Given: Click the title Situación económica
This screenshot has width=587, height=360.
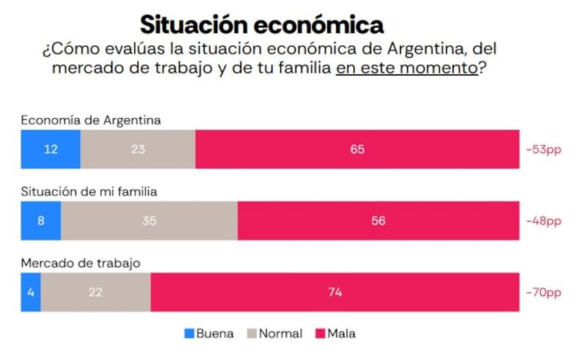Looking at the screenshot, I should pyautogui.click(x=262, y=24).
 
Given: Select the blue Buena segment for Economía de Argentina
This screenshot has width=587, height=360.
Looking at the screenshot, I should pyautogui.click(x=51, y=150).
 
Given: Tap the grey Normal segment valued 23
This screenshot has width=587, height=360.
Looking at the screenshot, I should pyautogui.click(x=138, y=150).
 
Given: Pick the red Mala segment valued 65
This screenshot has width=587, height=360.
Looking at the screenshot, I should pyautogui.click(x=357, y=150).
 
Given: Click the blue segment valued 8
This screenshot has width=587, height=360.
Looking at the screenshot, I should pyautogui.click(x=40, y=221).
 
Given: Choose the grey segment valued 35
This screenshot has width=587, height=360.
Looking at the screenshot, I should pyautogui.click(x=149, y=221).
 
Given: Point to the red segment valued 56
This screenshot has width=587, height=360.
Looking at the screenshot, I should pyautogui.click(x=379, y=221).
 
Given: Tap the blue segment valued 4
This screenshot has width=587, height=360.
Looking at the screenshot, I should pyautogui.click(x=31, y=292).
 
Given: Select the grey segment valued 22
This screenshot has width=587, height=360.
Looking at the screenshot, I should pyautogui.click(x=95, y=292).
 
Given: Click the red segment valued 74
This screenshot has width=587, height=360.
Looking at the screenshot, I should pyautogui.click(x=335, y=292).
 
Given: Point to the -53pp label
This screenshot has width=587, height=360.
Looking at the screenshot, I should pyautogui.click(x=543, y=150).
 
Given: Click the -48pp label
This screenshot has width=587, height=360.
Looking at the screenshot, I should pyautogui.click(x=543, y=221).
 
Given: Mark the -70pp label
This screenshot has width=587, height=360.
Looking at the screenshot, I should pyautogui.click(x=543, y=292).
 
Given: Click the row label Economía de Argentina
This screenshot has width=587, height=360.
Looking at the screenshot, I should pyautogui.click(x=91, y=120).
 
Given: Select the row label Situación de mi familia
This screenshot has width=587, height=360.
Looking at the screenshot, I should pyautogui.click(x=90, y=191).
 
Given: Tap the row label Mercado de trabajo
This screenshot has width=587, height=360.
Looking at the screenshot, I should pyautogui.click(x=81, y=262).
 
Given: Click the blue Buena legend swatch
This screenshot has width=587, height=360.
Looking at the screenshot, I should pyautogui.click(x=189, y=334).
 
